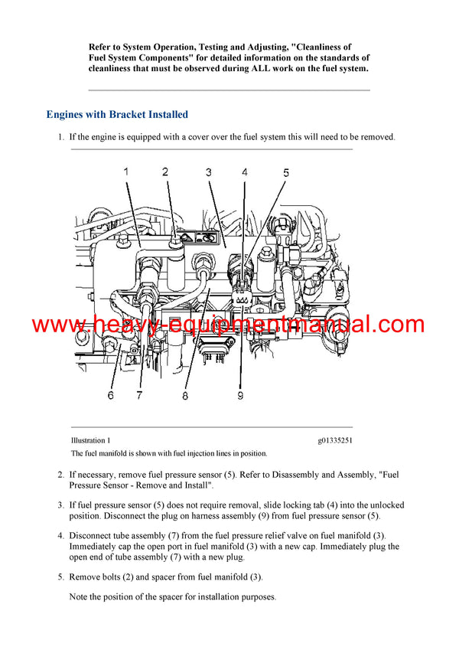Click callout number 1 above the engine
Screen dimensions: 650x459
(126, 171)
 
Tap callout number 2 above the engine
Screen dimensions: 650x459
(165, 171)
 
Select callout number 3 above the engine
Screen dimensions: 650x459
(208, 172)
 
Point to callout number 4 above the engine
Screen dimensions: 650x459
(245, 172)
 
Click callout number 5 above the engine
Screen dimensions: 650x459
(286, 173)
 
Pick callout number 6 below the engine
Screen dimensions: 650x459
(110, 396)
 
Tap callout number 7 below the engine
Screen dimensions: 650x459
(139, 396)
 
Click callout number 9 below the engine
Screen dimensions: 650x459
(239, 396)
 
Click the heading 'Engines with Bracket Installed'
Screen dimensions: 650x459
(117, 115)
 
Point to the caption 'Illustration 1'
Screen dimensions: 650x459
(90, 440)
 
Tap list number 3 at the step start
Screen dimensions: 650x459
(61, 505)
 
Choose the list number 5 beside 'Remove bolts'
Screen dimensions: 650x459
(61, 577)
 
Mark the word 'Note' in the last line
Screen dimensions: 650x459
(80, 597)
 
